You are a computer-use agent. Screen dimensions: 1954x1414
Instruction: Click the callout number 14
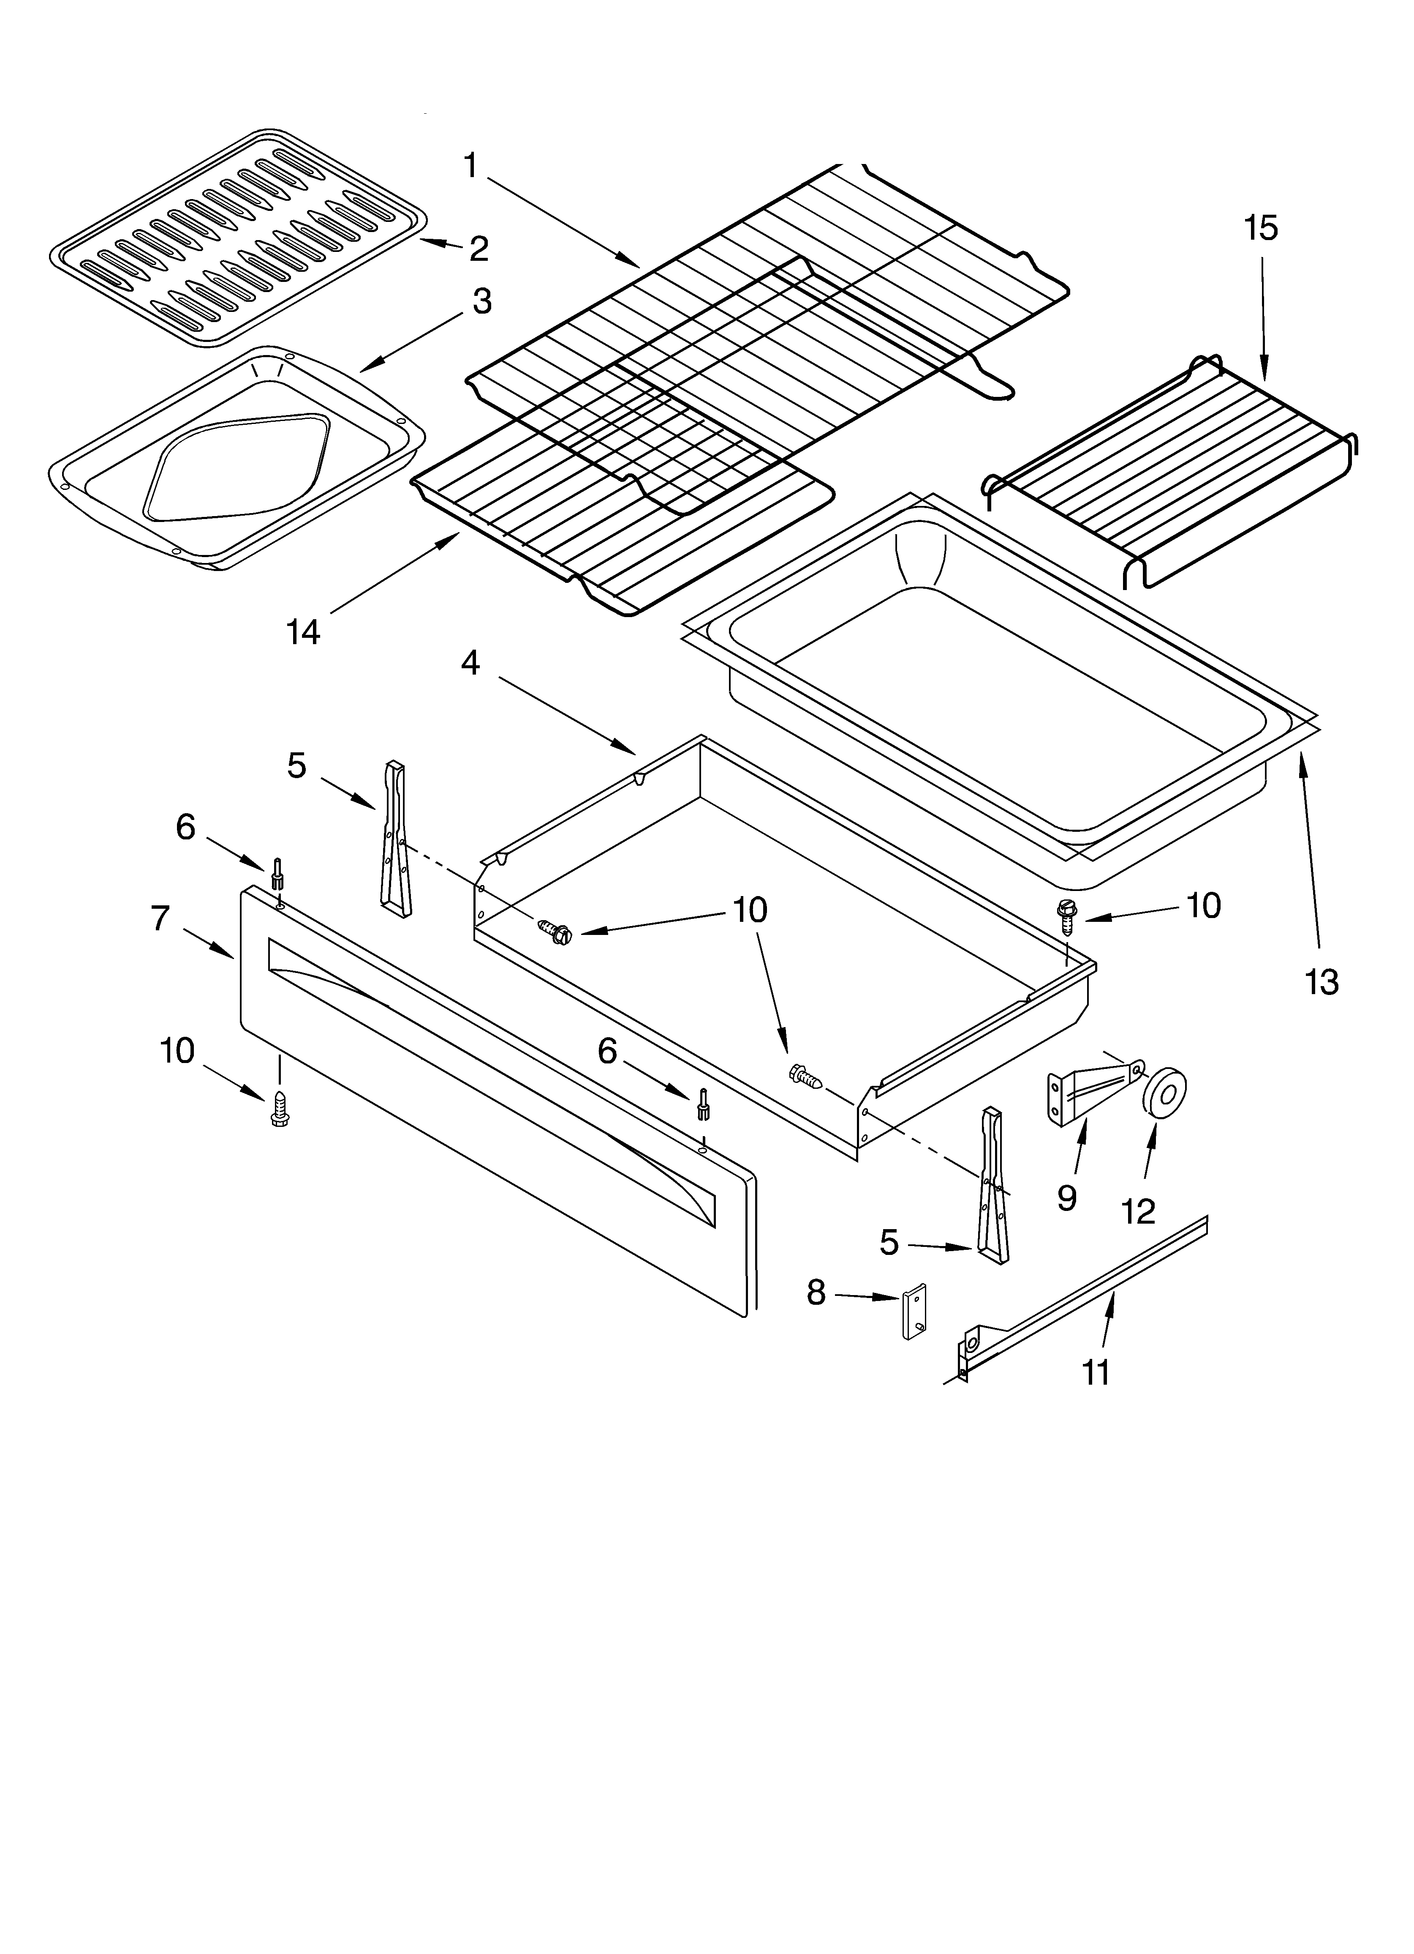pos(303,631)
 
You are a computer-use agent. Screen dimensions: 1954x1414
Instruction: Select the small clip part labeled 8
pos(915,1312)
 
